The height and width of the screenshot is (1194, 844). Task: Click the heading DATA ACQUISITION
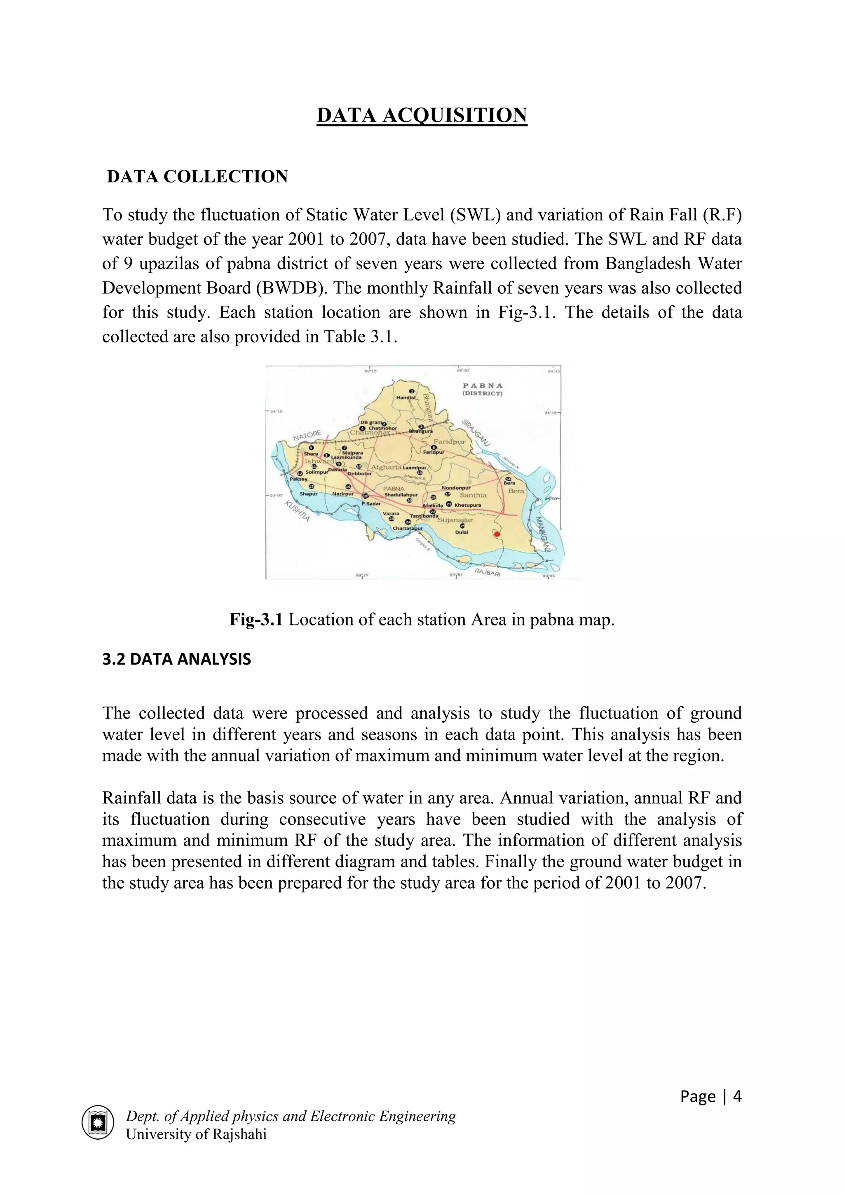coord(422,115)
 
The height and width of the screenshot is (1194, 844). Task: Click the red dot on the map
coord(497,534)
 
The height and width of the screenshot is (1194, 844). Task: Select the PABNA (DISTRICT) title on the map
coord(483,389)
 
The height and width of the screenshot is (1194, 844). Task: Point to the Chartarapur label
coord(408,528)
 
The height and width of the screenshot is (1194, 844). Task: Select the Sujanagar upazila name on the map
coord(455,520)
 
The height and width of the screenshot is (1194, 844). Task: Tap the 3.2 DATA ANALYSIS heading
coord(176,659)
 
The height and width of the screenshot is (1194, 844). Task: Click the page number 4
coord(737,1097)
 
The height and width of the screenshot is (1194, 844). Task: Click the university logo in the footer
coord(98,1122)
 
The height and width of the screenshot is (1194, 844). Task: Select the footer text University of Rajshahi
coord(196,1134)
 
